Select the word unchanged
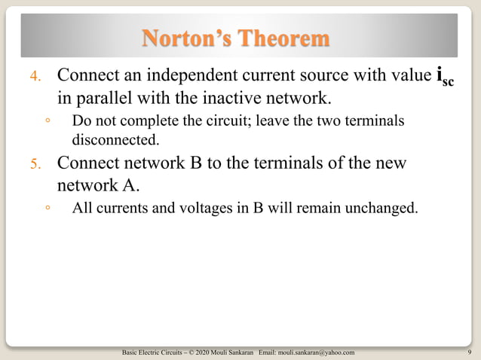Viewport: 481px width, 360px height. [x=381, y=208]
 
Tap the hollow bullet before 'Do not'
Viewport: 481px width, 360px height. [x=47, y=122]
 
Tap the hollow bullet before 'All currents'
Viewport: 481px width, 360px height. [x=47, y=209]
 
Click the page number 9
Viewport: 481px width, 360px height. [x=470, y=352]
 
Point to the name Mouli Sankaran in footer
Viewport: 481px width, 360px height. [x=234, y=352]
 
